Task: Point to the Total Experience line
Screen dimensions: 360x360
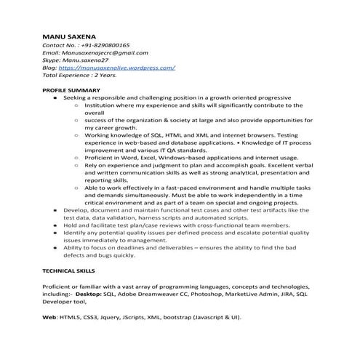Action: click(79, 75)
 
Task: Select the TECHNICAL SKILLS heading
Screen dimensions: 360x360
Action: click(71, 270)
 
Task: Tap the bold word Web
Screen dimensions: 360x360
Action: click(49, 318)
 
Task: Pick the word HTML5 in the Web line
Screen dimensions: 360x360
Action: click(71, 318)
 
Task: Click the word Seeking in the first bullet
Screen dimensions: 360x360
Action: click(75, 97)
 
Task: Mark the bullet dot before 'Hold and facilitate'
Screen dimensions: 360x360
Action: click(56, 225)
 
